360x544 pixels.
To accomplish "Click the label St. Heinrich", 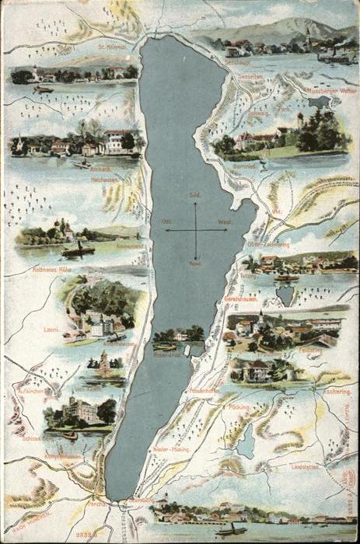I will (x=112, y=47).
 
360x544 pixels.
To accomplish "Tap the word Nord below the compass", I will (x=195, y=263).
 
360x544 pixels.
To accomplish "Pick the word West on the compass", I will (x=225, y=222).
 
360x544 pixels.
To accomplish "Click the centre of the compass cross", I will (x=195, y=229).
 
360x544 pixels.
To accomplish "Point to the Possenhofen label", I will (x=206, y=391).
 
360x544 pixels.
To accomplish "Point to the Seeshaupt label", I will (x=237, y=61).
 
